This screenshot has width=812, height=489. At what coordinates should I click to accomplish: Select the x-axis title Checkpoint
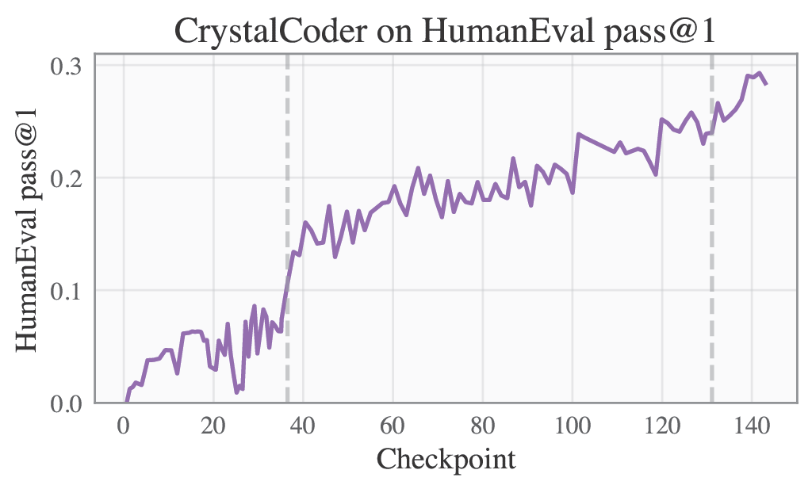[446, 459]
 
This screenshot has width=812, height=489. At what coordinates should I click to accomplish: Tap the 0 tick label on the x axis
[124, 425]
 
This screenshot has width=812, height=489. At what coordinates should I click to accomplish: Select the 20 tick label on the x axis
[213, 425]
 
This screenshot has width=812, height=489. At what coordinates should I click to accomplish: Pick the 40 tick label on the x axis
[303, 425]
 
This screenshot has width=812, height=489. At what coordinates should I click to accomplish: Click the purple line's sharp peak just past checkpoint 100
[579, 134]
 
